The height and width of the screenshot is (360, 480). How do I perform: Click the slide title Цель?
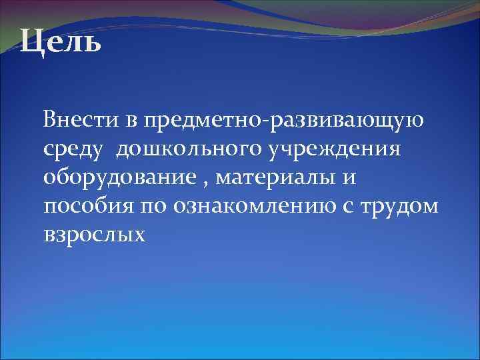coord(60,43)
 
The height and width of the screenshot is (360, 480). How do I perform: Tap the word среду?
coord(72,151)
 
